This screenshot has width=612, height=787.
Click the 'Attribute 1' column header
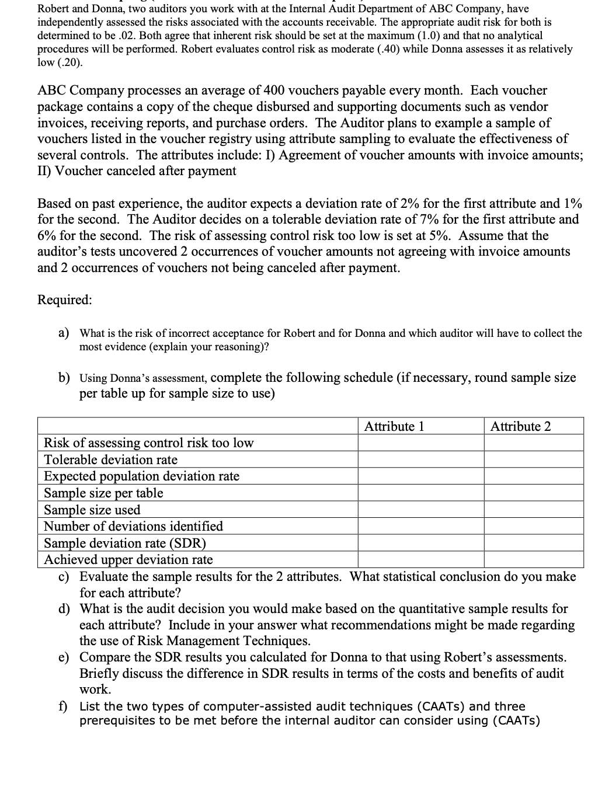[x=394, y=426]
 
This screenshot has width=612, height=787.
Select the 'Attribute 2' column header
[x=520, y=426]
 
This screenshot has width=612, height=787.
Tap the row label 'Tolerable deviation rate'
[x=111, y=459]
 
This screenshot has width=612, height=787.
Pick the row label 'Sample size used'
[x=92, y=510]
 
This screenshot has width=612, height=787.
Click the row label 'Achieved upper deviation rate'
[x=128, y=559]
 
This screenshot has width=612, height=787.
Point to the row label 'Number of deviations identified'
[x=134, y=526]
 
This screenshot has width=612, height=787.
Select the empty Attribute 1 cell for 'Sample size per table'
[x=420, y=493]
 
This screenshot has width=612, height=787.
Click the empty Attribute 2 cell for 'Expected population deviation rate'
[x=533, y=476]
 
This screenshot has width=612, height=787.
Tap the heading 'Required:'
[x=64, y=300]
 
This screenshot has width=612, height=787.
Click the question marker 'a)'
[x=64, y=333]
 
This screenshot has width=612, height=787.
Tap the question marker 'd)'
[x=64, y=609]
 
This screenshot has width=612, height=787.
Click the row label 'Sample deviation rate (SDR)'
[x=125, y=543]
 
